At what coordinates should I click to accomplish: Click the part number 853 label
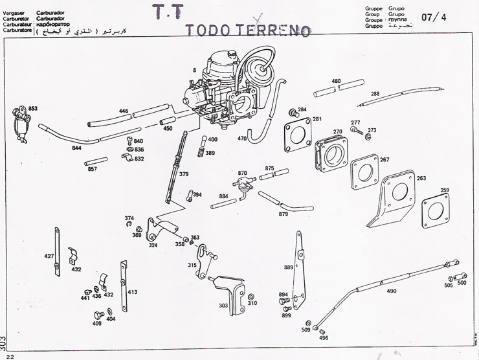[33, 108]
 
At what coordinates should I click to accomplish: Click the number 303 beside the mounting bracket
[223, 305]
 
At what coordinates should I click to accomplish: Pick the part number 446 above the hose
[124, 111]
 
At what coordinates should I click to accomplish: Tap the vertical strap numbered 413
[124, 279]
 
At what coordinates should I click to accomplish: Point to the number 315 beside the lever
[192, 265]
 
